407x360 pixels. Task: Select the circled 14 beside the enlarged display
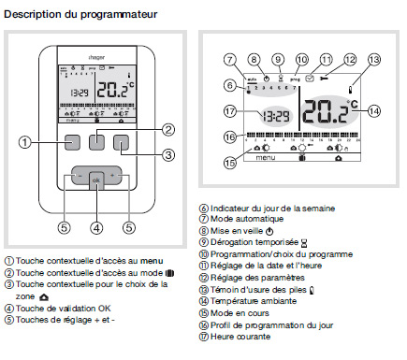(374, 109)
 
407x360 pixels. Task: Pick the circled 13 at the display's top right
(372, 59)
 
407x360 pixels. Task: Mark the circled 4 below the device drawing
(95, 226)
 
